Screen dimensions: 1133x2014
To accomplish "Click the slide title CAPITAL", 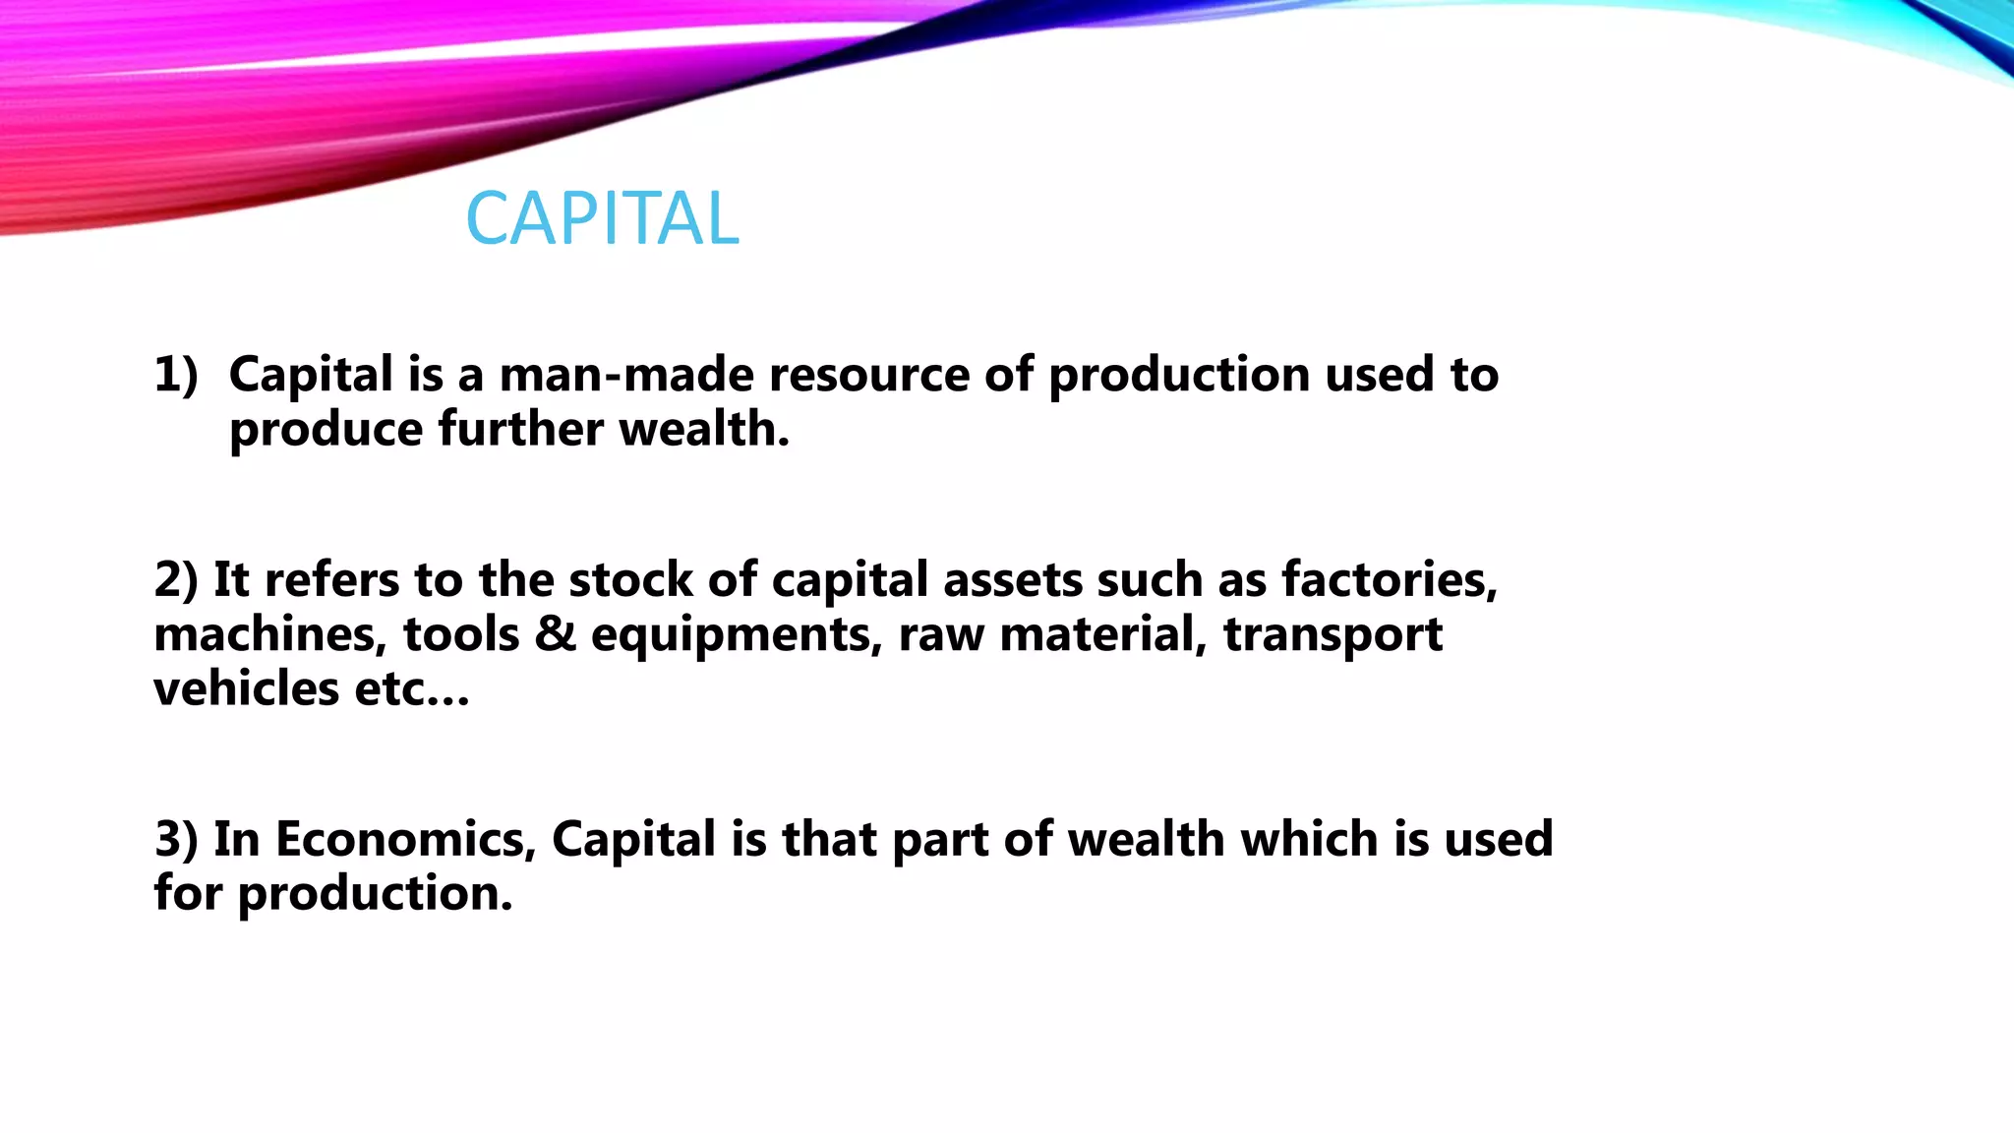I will [x=602, y=218].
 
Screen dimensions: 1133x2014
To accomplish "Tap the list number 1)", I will [x=176, y=375].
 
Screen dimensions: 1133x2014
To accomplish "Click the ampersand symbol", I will [x=556, y=634].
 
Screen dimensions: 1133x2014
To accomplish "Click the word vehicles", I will [x=246, y=688].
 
